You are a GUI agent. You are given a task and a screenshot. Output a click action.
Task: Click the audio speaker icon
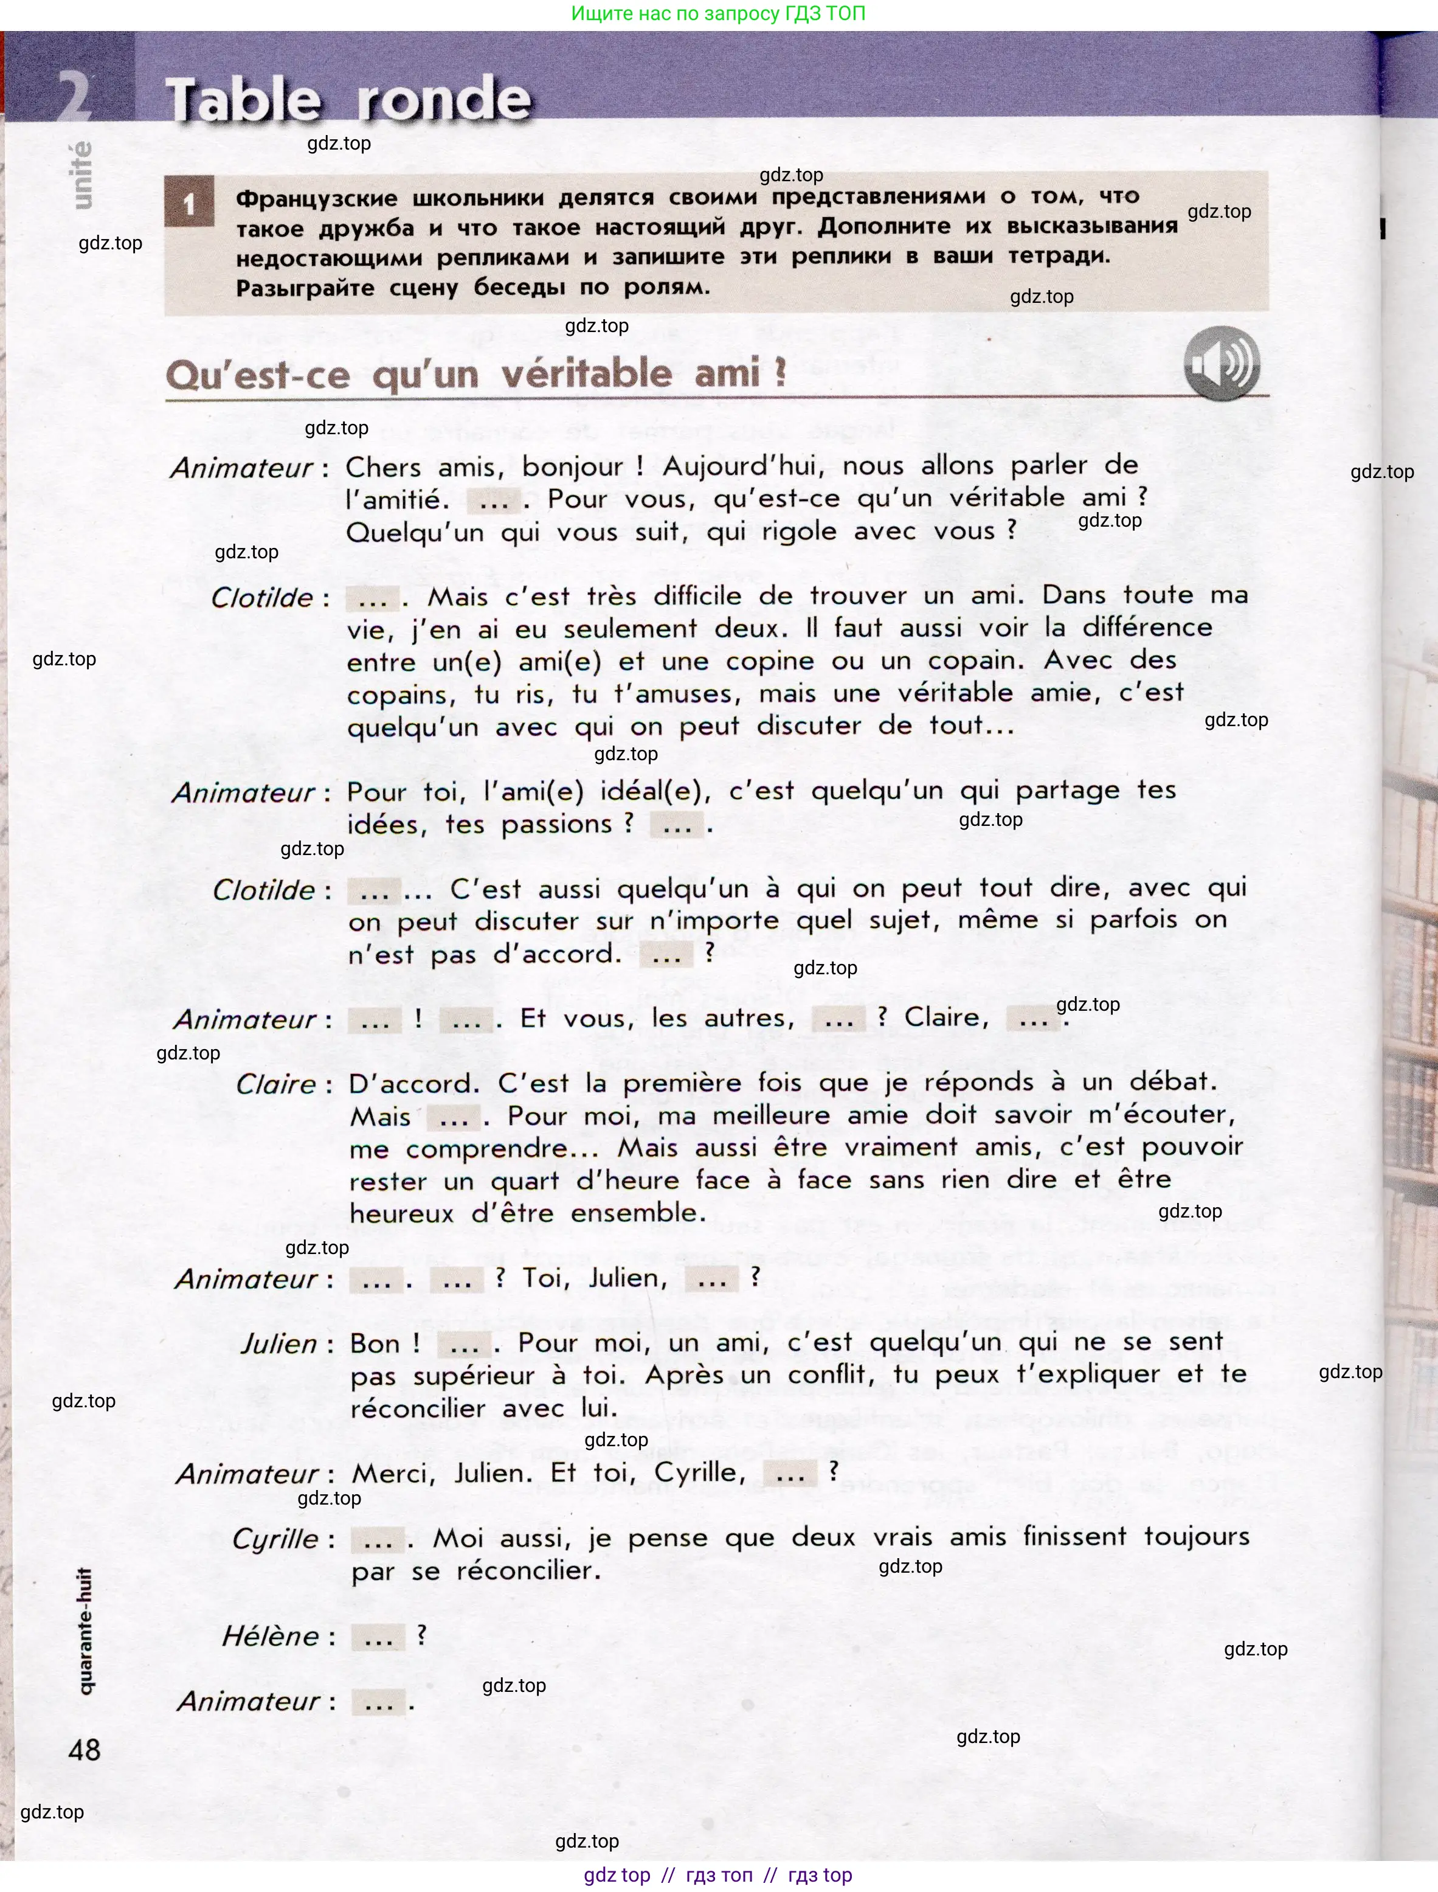tap(1222, 364)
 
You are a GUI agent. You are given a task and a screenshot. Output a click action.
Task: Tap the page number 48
tap(84, 1749)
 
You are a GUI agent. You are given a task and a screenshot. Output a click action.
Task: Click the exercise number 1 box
tap(189, 203)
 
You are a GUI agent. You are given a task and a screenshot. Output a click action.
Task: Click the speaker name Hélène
tap(271, 1636)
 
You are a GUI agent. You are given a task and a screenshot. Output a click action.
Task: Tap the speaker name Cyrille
tap(275, 1539)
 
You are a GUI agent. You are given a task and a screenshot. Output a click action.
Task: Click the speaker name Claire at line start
tap(275, 1084)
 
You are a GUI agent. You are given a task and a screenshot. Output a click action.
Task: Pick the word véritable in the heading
tap(586, 374)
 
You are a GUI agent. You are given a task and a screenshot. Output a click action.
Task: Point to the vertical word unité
tap(81, 176)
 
